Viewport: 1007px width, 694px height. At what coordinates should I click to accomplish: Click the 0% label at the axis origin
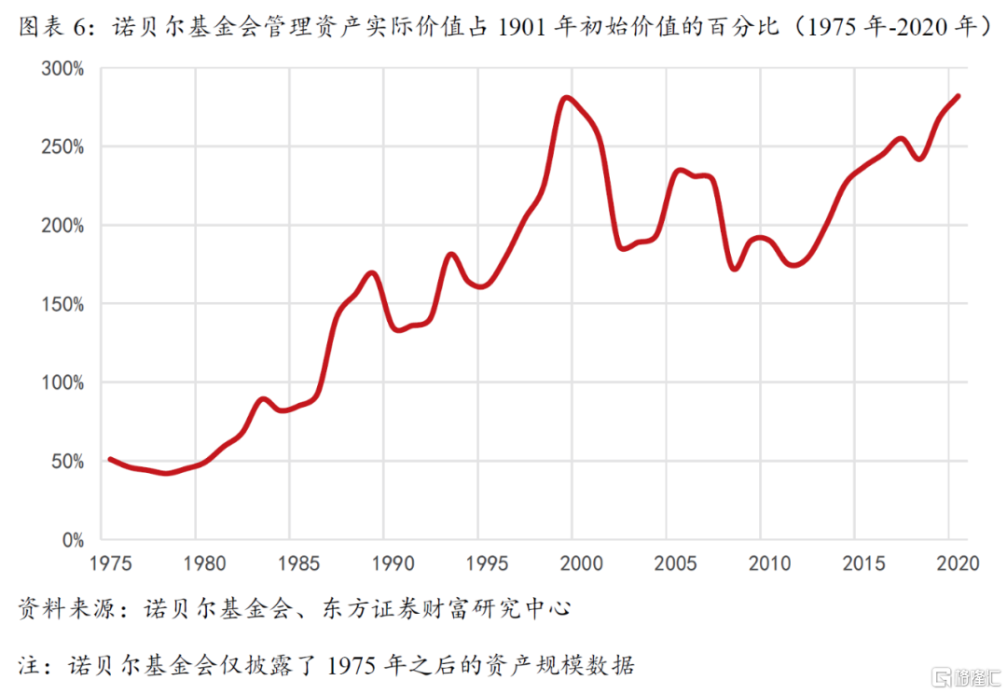(x=74, y=540)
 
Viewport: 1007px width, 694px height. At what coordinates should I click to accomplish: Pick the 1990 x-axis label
(x=393, y=563)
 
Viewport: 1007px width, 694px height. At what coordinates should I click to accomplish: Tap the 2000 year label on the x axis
(x=581, y=563)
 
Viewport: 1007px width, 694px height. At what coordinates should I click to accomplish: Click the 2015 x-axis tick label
(x=862, y=563)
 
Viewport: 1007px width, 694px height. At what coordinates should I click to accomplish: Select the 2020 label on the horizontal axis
(x=957, y=563)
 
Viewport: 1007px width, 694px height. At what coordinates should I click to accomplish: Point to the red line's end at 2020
(x=958, y=96)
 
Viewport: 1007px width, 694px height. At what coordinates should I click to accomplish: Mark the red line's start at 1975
(x=110, y=459)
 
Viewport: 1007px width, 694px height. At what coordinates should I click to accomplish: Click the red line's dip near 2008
(x=734, y=269)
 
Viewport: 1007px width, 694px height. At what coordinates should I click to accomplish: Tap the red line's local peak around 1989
(x=372, y=273)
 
